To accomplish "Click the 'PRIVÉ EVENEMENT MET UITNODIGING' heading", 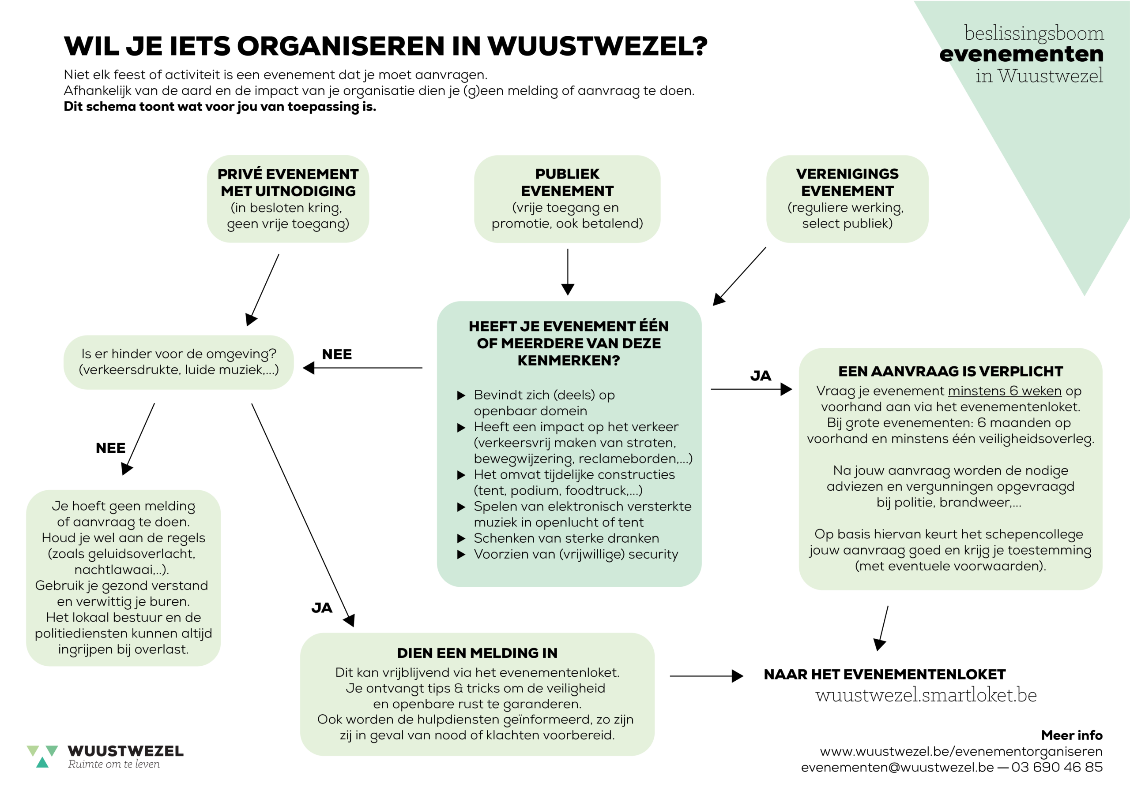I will [288, 183].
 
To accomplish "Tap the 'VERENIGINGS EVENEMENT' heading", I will [847, 183].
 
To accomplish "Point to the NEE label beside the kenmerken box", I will [337, 354].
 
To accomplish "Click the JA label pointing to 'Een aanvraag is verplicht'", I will [761, 376].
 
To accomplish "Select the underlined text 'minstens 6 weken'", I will [1005, 391].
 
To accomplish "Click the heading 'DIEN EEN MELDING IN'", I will [477, 653].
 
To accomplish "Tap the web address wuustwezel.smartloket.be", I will [926, 695].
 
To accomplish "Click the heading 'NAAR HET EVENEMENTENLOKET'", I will [885, 675].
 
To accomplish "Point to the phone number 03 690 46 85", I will [1057, 767].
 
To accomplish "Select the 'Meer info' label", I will [1071, 735].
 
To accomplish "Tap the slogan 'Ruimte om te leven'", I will [114, 764].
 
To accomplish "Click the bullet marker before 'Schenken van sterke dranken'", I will [461, 538].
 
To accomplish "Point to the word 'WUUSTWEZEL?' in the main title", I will [597, 46].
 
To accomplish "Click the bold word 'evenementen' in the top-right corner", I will [1021, 54].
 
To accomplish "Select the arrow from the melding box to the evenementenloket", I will [706, 676].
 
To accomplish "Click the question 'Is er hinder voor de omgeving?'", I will [179, 354].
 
